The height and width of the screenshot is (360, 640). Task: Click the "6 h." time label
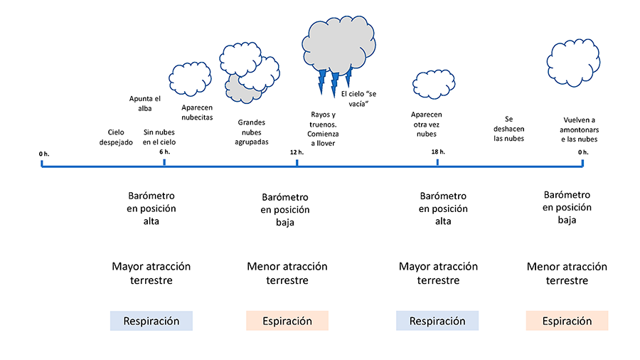click(x=164, y=152)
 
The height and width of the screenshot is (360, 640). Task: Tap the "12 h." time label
click(x=297, y=152)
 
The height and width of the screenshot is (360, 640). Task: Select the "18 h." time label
click(x=437, y=152)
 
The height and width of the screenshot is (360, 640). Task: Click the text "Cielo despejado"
click(x=116, y=137)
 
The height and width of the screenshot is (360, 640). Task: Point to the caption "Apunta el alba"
click(x=145, y=103)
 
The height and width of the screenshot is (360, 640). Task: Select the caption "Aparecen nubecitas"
click(x=197, y=112)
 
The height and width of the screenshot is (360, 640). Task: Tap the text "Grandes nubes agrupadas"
click(x=252, y=132)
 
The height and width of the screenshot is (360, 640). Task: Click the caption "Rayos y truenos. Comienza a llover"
click(x=323, y=129)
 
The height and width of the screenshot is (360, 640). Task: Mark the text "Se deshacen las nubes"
click(x=508, y=129)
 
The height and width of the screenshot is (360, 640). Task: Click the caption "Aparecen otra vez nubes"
click(x=427, y=124)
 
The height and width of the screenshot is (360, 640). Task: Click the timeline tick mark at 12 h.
click(x=297, y=163)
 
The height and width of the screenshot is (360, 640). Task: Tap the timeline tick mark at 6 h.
click(x=164, y=163)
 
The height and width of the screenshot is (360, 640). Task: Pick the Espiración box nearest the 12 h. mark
click(x=287, y=321)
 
